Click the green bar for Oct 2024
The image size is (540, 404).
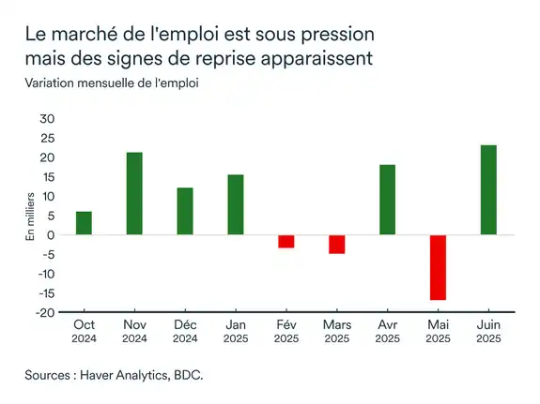tap(85, 223)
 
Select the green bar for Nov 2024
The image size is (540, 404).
tap(134, 193)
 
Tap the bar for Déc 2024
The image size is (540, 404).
tap(185, 211)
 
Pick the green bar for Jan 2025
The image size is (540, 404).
tap(235, 204)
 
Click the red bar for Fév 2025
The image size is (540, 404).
tap(285, 241)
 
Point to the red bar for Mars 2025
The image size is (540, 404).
tap(336, 244)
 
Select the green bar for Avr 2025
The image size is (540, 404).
tap(387, 200)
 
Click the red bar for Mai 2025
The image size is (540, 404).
tap(438, 267)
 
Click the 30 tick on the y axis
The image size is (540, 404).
tap(47, 119)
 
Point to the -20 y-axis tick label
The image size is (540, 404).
tap(45, 312)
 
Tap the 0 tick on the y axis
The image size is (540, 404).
tap(51, 235)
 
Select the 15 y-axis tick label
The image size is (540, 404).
tap(48, 177)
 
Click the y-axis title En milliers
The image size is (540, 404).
tap(29, 217)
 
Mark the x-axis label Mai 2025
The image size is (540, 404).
tap(438, 331)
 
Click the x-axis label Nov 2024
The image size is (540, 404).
tap(134, 331)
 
